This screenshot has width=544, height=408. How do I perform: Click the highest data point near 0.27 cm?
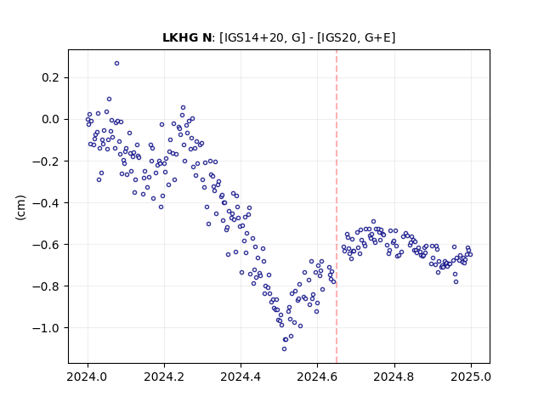tap(117, 64)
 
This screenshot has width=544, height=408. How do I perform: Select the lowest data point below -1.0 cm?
tap(284, 349)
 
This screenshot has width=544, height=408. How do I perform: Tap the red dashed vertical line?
tap(337, 207)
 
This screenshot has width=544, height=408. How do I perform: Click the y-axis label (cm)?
tap(20, 207)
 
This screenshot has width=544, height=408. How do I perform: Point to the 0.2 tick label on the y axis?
tap(51, 77)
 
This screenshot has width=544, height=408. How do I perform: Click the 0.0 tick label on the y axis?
tap(51, 119)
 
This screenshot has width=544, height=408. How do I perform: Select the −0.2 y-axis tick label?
tap(46, 161)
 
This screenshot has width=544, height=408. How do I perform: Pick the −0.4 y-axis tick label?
tap(46, 202)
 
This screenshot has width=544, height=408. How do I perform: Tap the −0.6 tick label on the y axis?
tap(46, 244)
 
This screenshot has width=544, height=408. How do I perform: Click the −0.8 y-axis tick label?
tap(46, 286)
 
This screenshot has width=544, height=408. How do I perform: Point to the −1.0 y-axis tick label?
tap(46, 328)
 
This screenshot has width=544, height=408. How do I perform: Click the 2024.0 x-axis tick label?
tap(88, 377)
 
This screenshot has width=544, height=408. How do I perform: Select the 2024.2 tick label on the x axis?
tap(164, 377)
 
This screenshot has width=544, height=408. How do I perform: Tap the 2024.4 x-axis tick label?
tap(241, 377)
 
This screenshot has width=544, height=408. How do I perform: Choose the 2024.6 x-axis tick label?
tap(317, 377)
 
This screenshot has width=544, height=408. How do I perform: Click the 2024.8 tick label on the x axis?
tap(394, 377)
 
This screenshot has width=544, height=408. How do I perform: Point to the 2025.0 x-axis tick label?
tap(471, 377)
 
